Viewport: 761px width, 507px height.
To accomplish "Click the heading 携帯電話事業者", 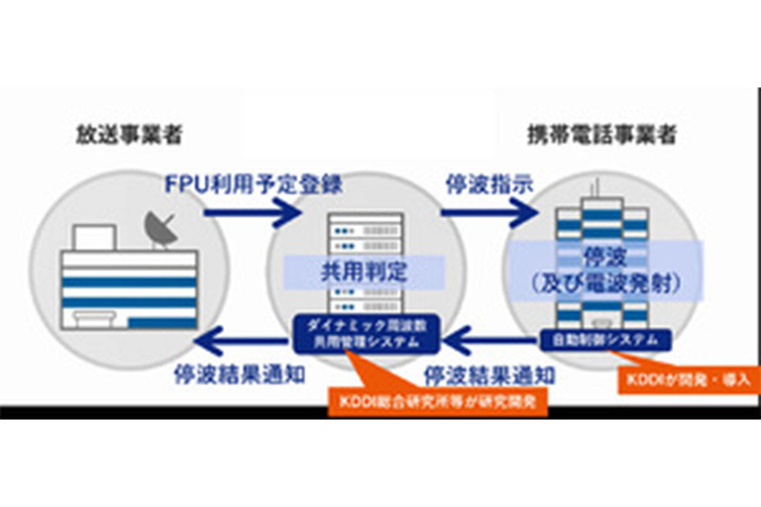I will [602, 134].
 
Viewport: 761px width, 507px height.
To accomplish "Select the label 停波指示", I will [488, 184].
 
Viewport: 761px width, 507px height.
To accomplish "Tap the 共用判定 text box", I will [364, 273].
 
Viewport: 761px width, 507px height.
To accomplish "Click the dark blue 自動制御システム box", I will [606, 340].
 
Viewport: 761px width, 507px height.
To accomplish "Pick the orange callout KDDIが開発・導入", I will [689, 380].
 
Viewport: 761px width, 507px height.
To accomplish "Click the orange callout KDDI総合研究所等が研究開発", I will [437, 402].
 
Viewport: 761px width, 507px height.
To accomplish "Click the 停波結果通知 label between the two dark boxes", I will [490, 375].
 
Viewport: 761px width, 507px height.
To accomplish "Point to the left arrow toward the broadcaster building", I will [241, 343].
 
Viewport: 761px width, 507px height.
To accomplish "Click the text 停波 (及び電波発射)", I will [606, 271].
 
